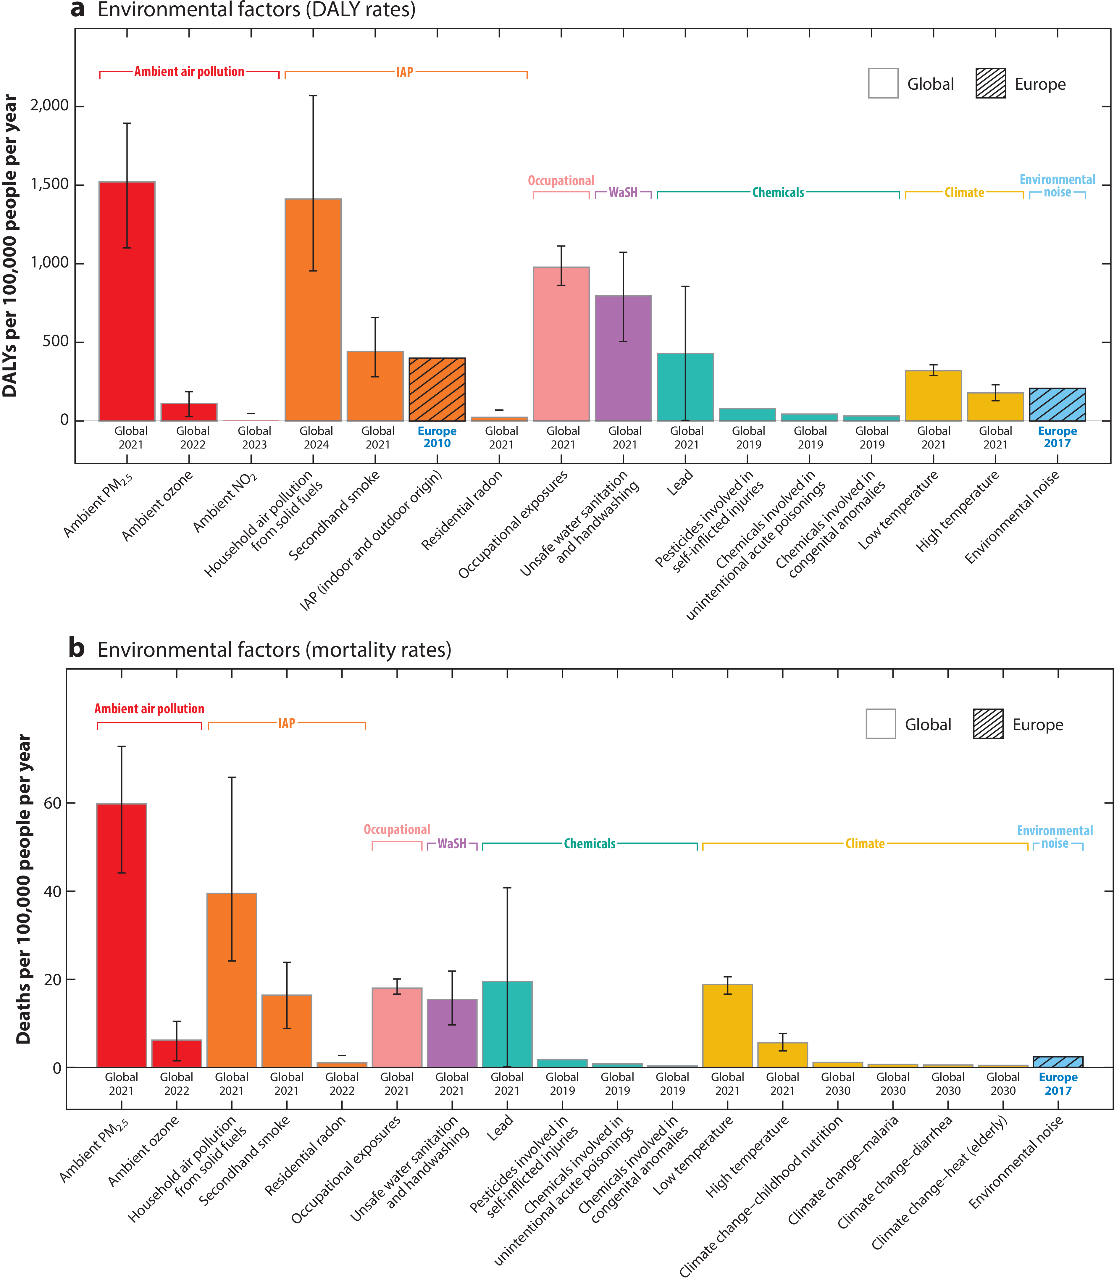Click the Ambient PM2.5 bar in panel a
click(127, 301)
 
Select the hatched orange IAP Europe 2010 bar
click(437, 390)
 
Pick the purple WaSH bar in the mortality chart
click(452, 1033)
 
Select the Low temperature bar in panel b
click(727, 1026)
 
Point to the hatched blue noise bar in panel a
click(1058, 405)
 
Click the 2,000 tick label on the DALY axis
click(50, 106)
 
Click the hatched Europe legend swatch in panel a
click(990, 83)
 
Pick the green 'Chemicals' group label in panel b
click(589, 844)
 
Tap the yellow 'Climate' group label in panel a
click(964, 193)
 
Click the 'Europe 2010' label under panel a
click(437, 437)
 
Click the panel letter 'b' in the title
click(76, 649)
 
